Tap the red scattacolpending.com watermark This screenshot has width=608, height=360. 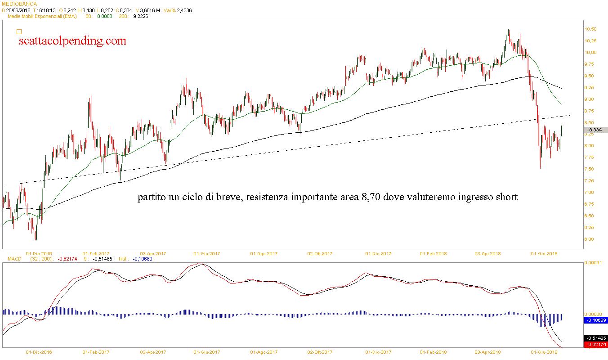pyautogui.click(x=72, y=41)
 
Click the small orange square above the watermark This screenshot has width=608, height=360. pyautogui.click(x=19, y=31)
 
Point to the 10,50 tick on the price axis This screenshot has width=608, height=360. pyautogui.click(x=590, y=29)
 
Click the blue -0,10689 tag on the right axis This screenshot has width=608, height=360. pyautogui.click(x=595, y=320)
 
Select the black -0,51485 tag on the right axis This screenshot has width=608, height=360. pyautogui.click(x=595, y=338)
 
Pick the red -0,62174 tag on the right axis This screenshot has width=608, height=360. pyautogui.click(x=595, y=345)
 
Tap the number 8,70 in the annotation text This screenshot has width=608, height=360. pyautogui.click(x=371, y=197)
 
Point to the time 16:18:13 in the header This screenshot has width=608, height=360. pyautogui.click(x=45, y=10)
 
